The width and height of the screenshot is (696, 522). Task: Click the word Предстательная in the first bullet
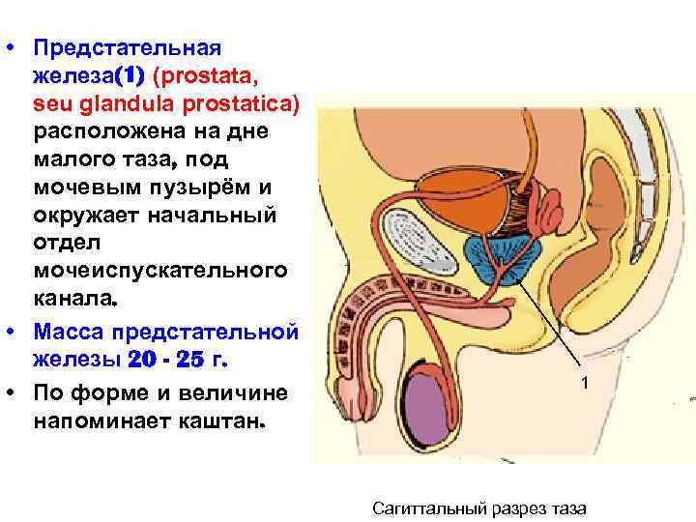[127, 47]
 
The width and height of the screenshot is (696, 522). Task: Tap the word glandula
[131, 102]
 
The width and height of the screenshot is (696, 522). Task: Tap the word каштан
[229, 422]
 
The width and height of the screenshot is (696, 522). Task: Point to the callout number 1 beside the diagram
[584, 384]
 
